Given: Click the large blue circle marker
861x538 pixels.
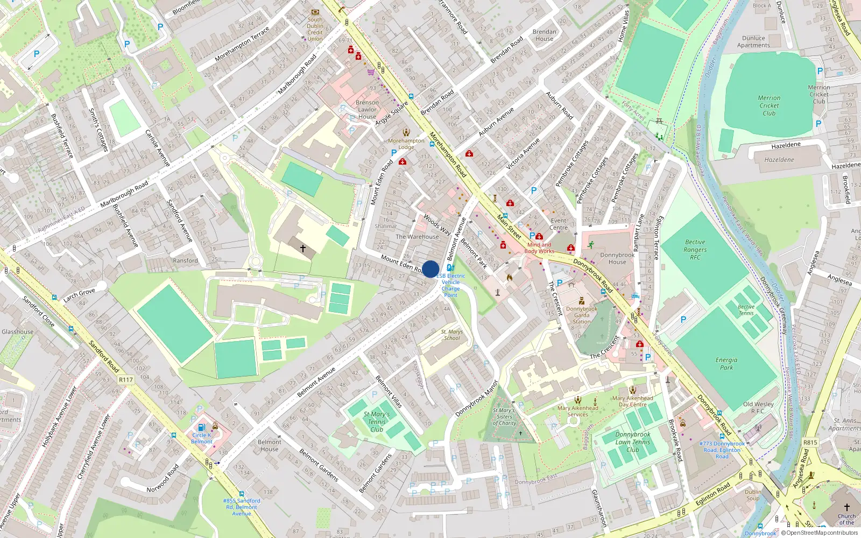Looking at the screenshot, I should [430, 269].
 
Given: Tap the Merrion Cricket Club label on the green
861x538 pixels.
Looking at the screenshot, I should [769, 105].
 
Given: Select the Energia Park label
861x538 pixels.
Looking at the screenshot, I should [726, 364].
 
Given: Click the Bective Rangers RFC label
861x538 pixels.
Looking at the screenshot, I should [695, 250].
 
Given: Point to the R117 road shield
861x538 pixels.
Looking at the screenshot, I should [126, 380].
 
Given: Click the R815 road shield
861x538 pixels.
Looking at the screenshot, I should [810, 442].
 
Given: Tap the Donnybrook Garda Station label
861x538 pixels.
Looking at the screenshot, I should [582, 315].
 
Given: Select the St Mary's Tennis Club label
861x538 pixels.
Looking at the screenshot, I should [377, 422].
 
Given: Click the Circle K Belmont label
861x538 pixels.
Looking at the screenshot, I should [202, 438].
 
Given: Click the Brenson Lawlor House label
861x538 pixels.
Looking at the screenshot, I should [367, 109].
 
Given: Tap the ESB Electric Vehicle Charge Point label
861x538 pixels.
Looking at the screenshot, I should [451, 285].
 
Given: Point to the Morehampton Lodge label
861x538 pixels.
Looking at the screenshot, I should [406, 144].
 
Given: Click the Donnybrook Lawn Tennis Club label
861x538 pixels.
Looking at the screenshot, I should [633, 442].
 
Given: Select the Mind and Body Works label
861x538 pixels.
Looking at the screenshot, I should [539, 248].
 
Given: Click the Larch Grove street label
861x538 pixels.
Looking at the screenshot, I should [79, 294].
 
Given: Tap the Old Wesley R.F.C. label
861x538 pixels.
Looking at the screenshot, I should [758, 407].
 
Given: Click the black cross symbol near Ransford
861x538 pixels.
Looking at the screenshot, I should [303, 249].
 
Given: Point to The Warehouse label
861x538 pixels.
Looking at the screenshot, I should [417, 237].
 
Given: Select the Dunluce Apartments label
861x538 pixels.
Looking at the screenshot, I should [753, 41].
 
